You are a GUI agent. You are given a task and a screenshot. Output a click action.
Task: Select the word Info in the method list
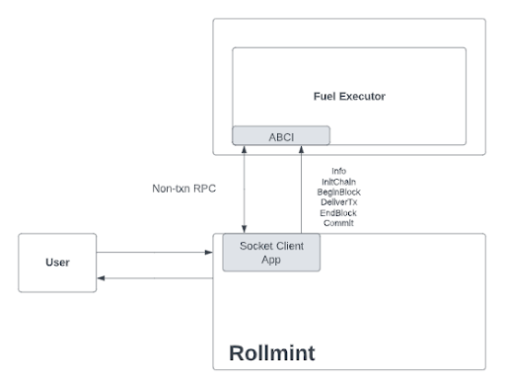338,171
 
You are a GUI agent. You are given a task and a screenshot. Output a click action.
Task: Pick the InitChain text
338,182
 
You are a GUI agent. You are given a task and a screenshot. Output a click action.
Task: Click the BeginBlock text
338,192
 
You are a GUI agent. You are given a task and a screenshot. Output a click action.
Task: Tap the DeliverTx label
338,202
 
